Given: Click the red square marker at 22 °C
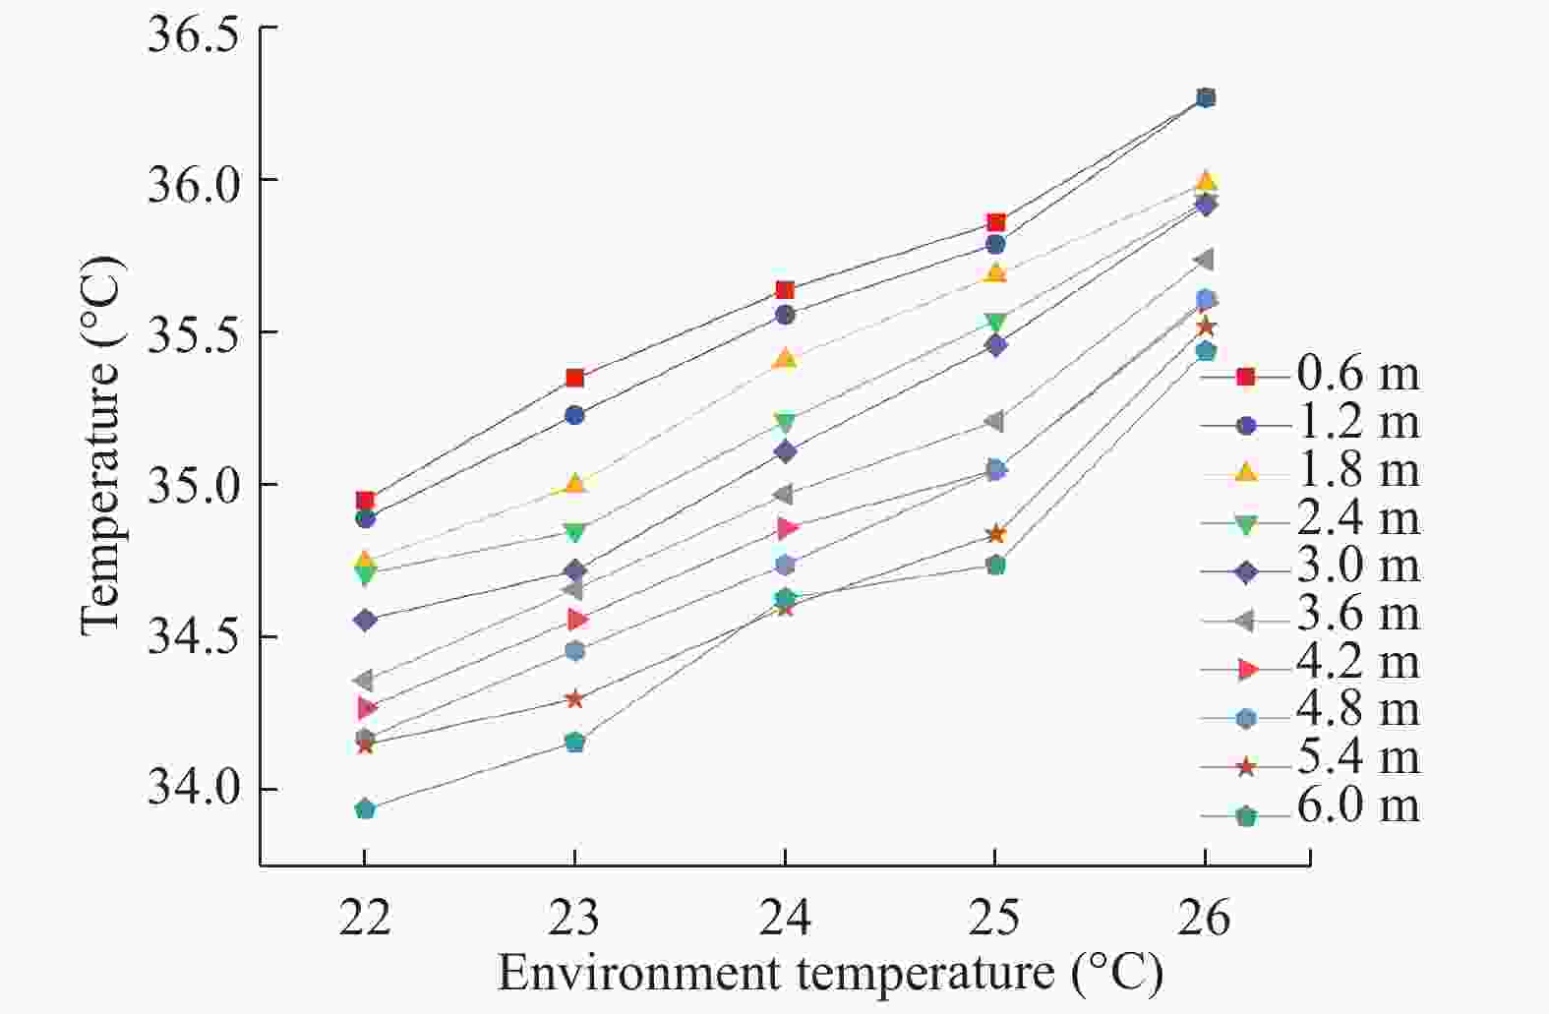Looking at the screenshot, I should click(365, 501).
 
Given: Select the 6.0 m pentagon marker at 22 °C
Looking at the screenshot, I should click(365, 809).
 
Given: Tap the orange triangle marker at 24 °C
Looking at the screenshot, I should click(785, 359).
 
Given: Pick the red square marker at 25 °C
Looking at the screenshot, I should click(995, 223).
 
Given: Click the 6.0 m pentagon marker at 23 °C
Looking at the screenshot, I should click(575, 742).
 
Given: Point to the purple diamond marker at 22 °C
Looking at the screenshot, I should click(365, 621).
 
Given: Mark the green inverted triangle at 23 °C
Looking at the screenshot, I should click(575, 533).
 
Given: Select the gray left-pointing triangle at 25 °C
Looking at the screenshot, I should click(994, 422).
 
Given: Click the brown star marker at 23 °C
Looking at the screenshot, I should click(575, 699).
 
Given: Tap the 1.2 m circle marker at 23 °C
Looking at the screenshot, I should click(575, 415).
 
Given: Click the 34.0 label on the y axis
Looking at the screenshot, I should click(194, 788).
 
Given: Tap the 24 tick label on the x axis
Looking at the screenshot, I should click(785, 918).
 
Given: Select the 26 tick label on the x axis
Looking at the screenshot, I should click(1205, 918).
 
